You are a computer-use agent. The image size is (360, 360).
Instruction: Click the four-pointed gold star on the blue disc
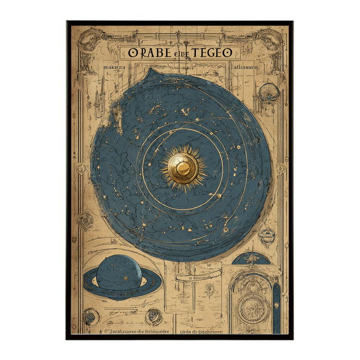click(x=226, y=217)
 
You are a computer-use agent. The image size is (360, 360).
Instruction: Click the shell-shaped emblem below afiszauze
click(x=269, y=92)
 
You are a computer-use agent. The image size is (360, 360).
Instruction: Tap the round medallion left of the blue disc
click(x=85, y=219)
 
